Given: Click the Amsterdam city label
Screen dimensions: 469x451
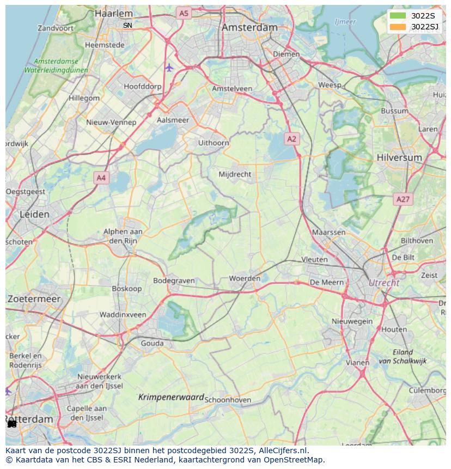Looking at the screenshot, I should pos(250,27).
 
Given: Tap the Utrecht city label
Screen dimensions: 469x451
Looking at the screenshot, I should pos(384,283).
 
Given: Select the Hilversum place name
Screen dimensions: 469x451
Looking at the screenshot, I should pos(399,157).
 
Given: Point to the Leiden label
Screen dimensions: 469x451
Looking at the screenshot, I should pos(34,214).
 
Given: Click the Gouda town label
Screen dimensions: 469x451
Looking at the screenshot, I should pos(152,343).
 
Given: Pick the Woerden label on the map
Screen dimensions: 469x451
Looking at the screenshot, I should pos(245,278).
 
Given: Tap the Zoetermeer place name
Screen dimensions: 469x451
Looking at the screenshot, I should pos(34,299).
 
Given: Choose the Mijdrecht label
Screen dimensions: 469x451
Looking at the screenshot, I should pos(235,174).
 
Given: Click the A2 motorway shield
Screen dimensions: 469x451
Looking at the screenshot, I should pos(292,139).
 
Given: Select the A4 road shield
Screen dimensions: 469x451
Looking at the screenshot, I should pos(101,178).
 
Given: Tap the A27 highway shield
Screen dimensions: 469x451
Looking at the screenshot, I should pos(403,199).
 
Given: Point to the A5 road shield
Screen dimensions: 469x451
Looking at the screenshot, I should pos(184,13).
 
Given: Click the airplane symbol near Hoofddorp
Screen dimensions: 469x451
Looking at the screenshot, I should pos(169,68).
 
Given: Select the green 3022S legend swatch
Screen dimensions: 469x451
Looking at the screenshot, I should pos(398,16).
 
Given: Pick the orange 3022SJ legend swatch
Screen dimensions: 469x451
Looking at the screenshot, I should pos(398,27).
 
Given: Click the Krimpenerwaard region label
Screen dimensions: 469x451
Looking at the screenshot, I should pos(171,398).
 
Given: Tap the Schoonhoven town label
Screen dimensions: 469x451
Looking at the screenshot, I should pos(228,400).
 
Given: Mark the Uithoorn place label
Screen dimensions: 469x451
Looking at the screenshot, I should pos(214,143).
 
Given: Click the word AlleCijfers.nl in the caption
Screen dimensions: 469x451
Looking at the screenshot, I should pos(282,450).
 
